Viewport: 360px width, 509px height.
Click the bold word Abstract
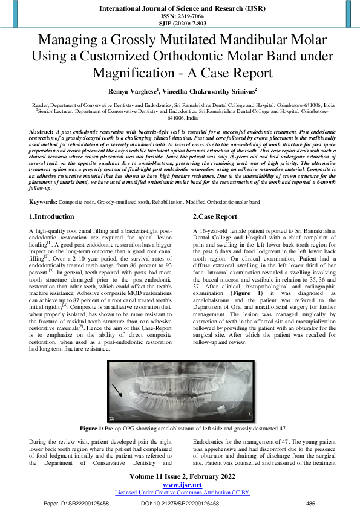[41, 131]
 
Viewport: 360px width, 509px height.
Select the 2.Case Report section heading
[215, 216]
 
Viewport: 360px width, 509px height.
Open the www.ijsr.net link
[182, 485]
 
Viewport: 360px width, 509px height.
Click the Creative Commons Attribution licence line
[182, 493]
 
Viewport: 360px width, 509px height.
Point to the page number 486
[311, 503]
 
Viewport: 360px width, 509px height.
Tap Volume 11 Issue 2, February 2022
[182, 477]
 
